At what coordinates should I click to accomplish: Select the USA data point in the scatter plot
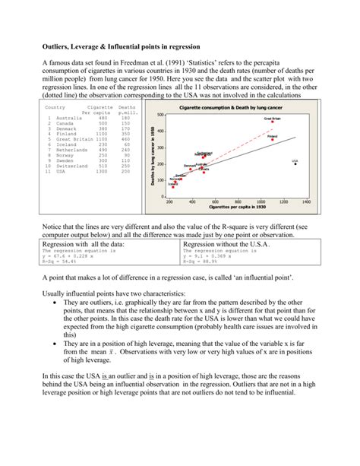pyautogui.click(x=295, y=163)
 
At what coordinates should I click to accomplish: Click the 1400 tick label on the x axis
pyautogui.click(x=306, y=202)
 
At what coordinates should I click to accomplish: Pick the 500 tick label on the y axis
pyautogui.click(x=161, y=116)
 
